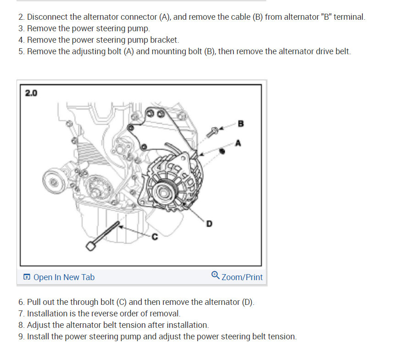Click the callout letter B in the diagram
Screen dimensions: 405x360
tap(241, 124)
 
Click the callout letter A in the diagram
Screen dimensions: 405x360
tap(238, 143)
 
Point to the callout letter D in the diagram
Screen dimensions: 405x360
tap(209, 224)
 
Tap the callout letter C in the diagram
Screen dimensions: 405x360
tap(155, 236)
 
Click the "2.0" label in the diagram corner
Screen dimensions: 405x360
tap(31, 93)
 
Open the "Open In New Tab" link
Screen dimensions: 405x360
tap(64, 277)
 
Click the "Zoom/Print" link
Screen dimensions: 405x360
tap(242, 277)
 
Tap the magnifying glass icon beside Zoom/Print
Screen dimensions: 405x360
tap(215, 275)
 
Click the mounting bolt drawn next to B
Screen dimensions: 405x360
tap(212, 132)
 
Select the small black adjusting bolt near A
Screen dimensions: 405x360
tap(222, 151)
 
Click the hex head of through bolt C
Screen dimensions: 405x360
tap(90, 246)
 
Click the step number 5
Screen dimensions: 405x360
tap(21, 51)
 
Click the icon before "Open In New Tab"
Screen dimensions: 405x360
tap(27, 277)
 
